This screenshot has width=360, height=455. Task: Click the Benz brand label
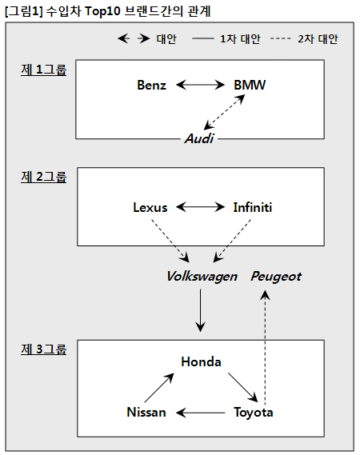click(151, 85)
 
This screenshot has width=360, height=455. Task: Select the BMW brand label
click(250, 85)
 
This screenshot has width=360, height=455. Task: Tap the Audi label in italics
click(199, 138)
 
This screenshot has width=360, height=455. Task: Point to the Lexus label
click(150, 207)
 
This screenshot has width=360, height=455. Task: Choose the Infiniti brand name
click(253, 207)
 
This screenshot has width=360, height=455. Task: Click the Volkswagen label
click(202, 276)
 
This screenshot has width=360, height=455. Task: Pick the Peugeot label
click(276, 276)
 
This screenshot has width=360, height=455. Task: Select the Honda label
click(201, 362)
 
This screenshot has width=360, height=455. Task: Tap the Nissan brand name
click(146, 412)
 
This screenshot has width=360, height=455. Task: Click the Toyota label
click(254, 413)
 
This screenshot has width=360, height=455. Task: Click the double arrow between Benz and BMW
click(200, 85)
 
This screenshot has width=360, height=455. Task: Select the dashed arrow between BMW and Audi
click(225, 112)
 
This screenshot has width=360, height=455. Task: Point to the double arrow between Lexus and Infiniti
click(200, 207)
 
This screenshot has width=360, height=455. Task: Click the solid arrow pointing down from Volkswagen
click(200, 310)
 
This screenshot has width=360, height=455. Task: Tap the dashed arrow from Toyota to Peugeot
click(265, 348)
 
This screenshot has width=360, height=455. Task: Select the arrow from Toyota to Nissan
click(200, 413)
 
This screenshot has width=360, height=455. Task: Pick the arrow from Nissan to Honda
click(159, 387)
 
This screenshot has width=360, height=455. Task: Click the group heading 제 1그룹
click(43, 70)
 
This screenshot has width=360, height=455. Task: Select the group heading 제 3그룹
click(43, 349)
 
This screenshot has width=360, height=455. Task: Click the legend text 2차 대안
click(318, 39)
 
